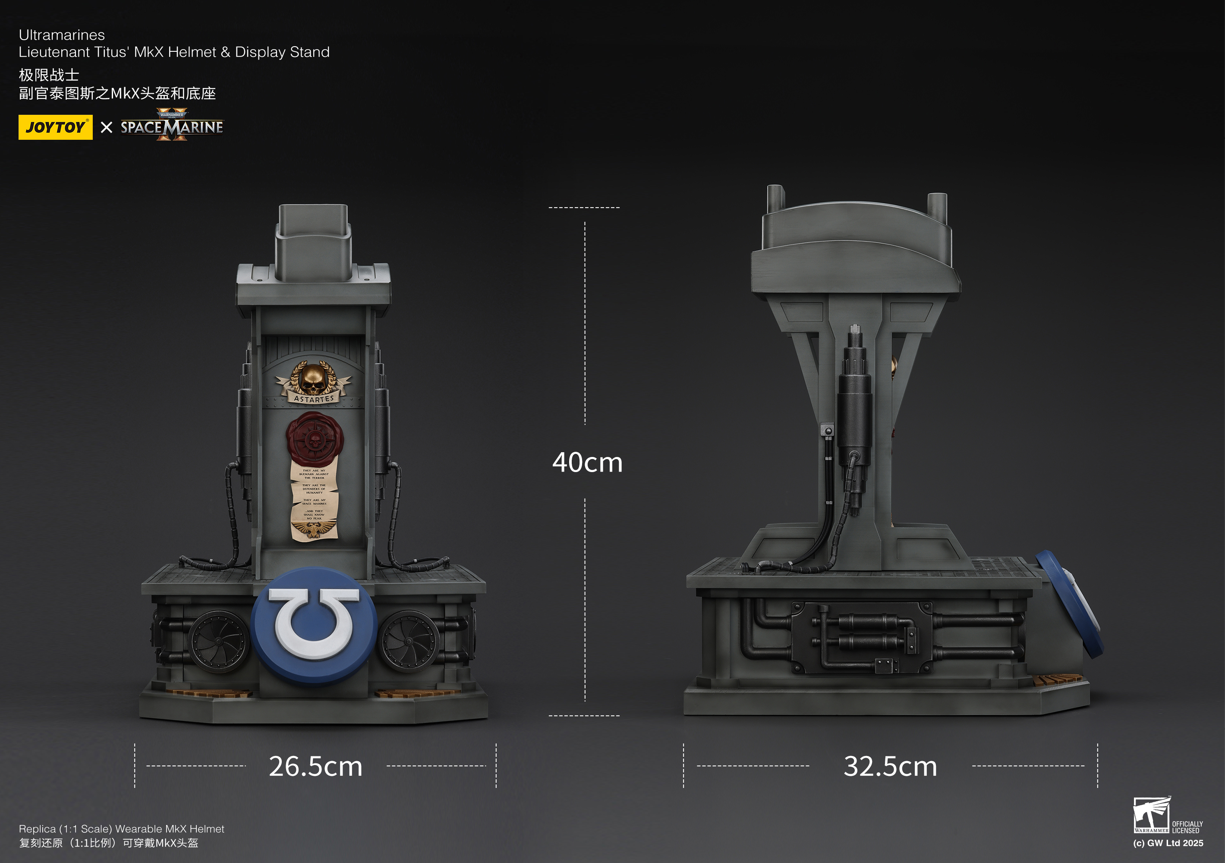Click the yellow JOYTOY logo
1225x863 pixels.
coord(55,127)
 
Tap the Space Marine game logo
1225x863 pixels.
coord(171,126)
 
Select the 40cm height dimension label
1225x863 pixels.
coord(587,462)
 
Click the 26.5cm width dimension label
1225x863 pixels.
coord(315,766)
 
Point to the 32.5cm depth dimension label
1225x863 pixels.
coord(890,766)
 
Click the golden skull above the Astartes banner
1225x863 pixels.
coord(313,378)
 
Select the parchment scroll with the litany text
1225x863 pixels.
coord(314,499)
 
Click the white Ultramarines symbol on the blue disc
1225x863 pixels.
coord(314,623)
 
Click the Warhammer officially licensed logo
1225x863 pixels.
coord(1167,816)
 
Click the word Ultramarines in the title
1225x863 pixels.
coord(62,35)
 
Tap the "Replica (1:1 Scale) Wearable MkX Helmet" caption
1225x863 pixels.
coord(122,829)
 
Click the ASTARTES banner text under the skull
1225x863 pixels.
coord(314,399)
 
